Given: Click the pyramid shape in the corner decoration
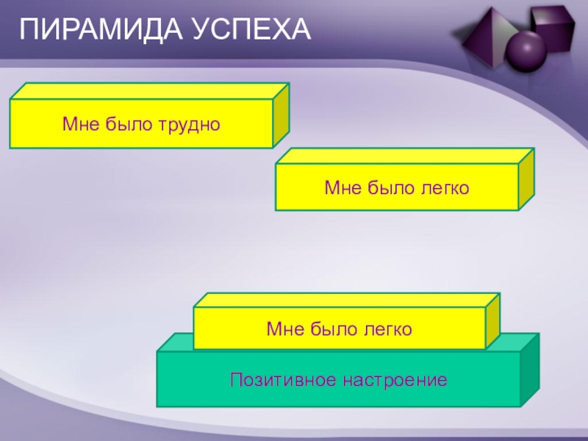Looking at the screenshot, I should (x=485, y=37).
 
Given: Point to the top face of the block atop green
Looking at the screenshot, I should (x=345, y=299).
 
